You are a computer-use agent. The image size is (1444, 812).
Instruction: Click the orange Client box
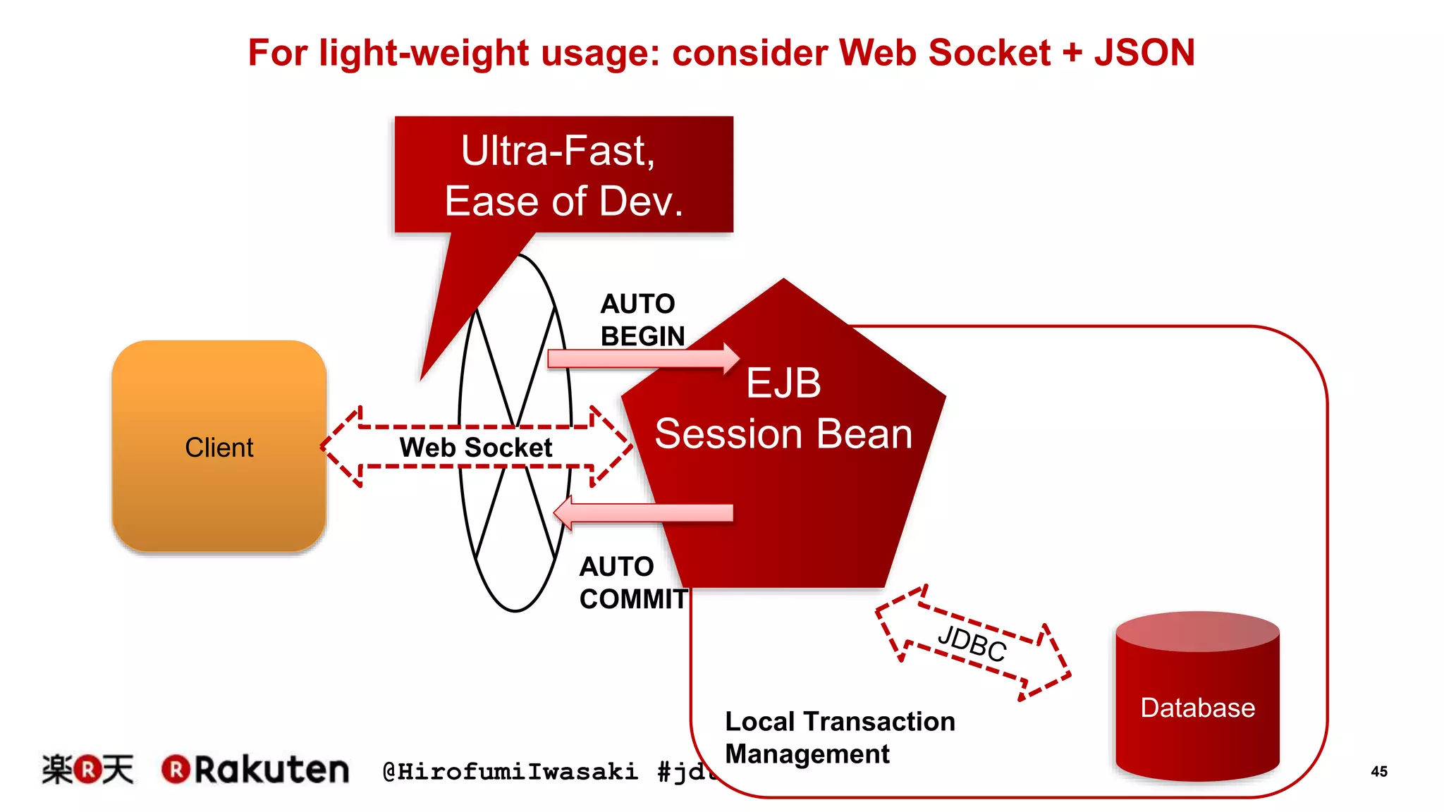click(x=219, y=446)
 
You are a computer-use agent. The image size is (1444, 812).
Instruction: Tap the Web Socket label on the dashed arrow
click(x=475, y=448)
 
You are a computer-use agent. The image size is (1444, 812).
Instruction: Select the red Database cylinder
click(x=1197, y=698)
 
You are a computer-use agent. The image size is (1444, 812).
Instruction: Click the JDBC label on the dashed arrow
click(x=972, y=643)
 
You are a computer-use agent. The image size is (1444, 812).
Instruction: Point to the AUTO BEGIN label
click(x=642, y=320)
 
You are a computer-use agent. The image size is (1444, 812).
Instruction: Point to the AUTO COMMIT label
click(x=632, y=583)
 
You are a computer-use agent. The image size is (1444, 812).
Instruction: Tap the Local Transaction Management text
click(x=839, y=737)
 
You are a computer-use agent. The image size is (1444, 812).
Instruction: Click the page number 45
click(x=1378, y=771)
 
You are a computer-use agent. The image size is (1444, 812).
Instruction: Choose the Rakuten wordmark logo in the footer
click(x=255, y=769)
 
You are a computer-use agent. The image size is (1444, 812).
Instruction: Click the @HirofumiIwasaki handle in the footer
click(x=510, y=772)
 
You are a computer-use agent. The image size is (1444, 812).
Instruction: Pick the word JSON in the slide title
click(x=1144, y=53)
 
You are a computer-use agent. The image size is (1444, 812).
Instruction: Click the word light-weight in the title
click(x=424, y=53)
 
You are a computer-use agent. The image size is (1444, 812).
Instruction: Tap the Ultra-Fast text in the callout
click(x=558, y=150)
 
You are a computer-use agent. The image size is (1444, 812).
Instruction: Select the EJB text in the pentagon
click(x=783, y=383)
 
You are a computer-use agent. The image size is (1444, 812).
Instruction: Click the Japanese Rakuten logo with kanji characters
click(x=87, y=769)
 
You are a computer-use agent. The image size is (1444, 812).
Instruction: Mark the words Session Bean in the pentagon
click(x=783, y=433)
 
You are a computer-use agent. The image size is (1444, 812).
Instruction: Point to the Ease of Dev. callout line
click(x=563, y=201)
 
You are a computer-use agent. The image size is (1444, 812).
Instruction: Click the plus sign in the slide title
click(x=1072, y=53)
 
